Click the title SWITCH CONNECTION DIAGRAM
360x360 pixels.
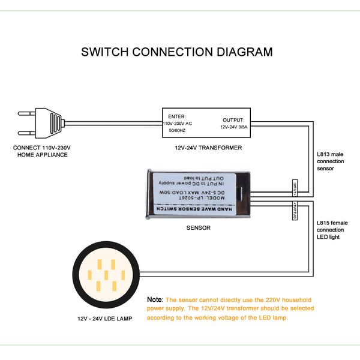[x=176, y=52]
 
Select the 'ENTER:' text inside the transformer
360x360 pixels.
[x=178, y=115]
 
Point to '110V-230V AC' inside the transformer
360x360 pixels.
[x=178, y=122]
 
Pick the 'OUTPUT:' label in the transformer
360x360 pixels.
[x=233, y=120]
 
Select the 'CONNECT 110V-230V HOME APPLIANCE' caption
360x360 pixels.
[x=41, y=151]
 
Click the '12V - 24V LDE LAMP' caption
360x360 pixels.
[x=106, y=317]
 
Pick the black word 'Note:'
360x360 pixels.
[x=155, y=299]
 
